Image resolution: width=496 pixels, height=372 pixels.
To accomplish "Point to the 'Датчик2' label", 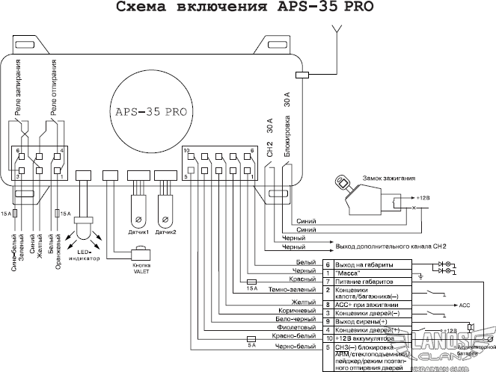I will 165,232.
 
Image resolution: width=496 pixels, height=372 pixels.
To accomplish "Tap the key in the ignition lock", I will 342,182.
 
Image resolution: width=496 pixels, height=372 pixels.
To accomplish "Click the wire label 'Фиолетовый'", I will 296,328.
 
